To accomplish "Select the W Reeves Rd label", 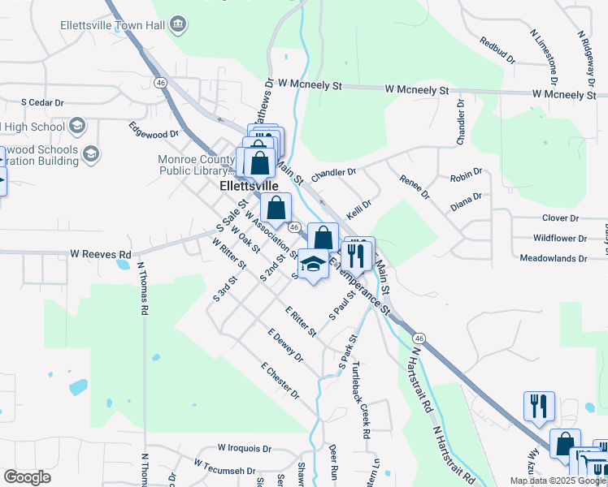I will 100,254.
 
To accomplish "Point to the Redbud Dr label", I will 497,50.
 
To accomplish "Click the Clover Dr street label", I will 560,218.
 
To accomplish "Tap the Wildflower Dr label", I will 559,239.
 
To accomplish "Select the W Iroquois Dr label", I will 245,448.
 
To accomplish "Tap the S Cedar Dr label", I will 42,103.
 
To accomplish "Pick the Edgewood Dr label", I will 154,129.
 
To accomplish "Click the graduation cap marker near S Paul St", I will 313,264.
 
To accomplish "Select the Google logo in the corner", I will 27,477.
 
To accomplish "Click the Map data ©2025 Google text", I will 557,481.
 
